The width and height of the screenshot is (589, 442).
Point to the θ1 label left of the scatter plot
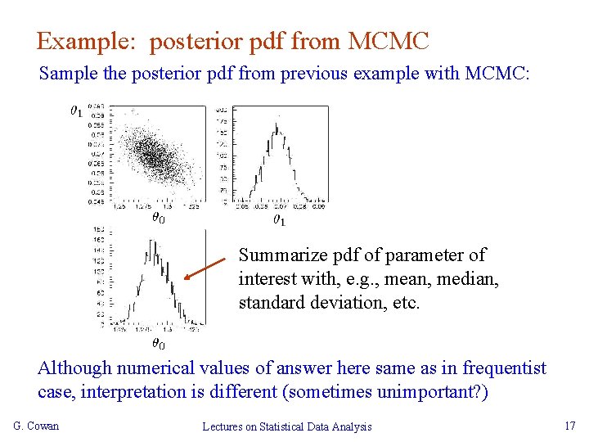(x=75, y=110)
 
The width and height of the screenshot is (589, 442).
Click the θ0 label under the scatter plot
(x=158, y=218)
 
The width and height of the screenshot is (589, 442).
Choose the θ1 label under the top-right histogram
(x=278, y=219)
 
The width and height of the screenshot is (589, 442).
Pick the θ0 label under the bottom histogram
(x=158, y=345)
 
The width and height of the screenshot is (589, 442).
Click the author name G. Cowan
(x=36, y=426)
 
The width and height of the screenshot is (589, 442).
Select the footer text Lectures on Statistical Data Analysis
(x=287, y=426)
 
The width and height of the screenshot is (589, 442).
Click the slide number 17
(x=570, y=426)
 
